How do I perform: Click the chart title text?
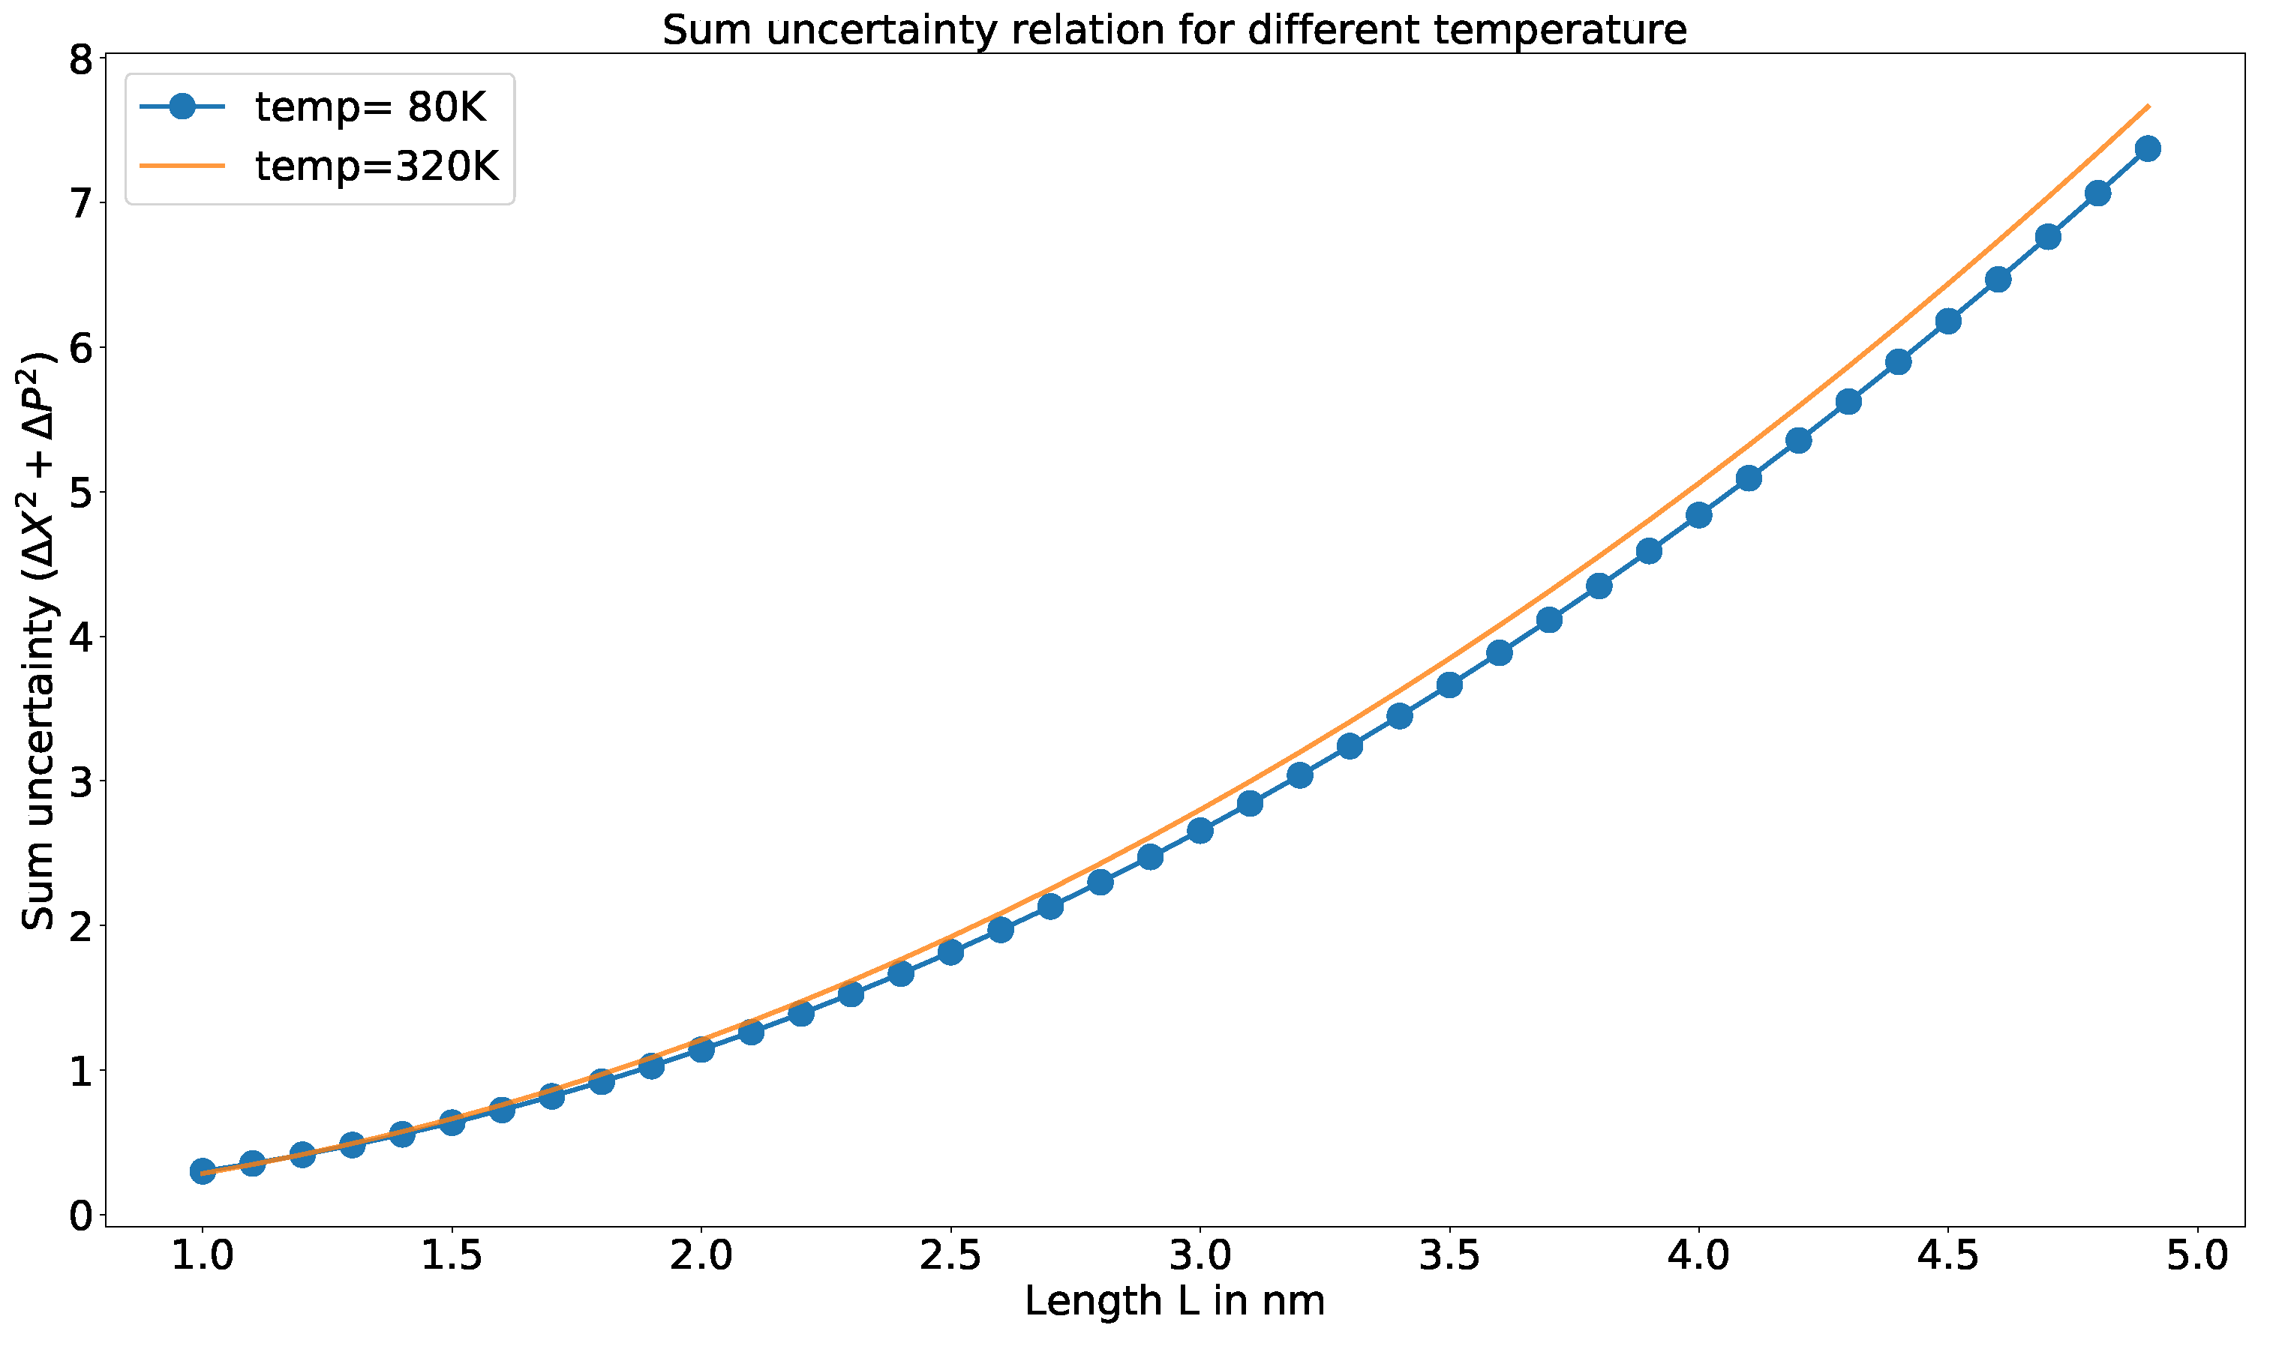(x=1174, y=30)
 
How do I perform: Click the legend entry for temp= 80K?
(x=370, y=107)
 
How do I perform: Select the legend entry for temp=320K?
(x=377, y=166)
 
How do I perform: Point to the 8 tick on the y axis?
(x=81, y=60)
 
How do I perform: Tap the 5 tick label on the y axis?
(x=81, y=493)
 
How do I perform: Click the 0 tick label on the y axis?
(x=81, y=1216)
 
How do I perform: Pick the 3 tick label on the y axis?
(x=81, y=783)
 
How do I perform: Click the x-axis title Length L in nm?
(x=1174, y=1302)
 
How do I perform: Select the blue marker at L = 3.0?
(x=1200, y=831)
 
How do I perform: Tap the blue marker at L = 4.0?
(x=1698, y=515)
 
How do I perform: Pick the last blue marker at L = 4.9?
(x=2148, y=149)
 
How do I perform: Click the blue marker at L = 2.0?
(x=701, y=1050)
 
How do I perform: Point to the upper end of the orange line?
(x=2148, y=106)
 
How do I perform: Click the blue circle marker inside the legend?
(x=183, y=107)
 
